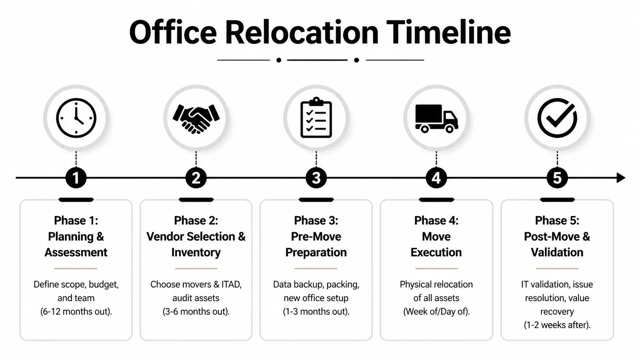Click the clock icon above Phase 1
(76, 118)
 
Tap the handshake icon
(196, 118)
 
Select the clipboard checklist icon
(316, 118)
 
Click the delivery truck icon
(436, 118)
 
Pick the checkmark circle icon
(557, 118)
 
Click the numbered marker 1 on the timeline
(76, 178)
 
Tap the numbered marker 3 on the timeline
(316, 178)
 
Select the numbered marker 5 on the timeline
(557, 178)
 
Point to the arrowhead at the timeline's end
(621, 178)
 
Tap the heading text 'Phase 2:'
(196, 220)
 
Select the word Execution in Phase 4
(436, 252)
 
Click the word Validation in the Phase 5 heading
(557, 252)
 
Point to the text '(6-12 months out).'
(76, 311)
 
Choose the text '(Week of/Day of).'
(436, 311)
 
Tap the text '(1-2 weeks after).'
(557, 325)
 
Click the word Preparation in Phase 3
(316, 252)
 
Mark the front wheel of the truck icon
(450, 129)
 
